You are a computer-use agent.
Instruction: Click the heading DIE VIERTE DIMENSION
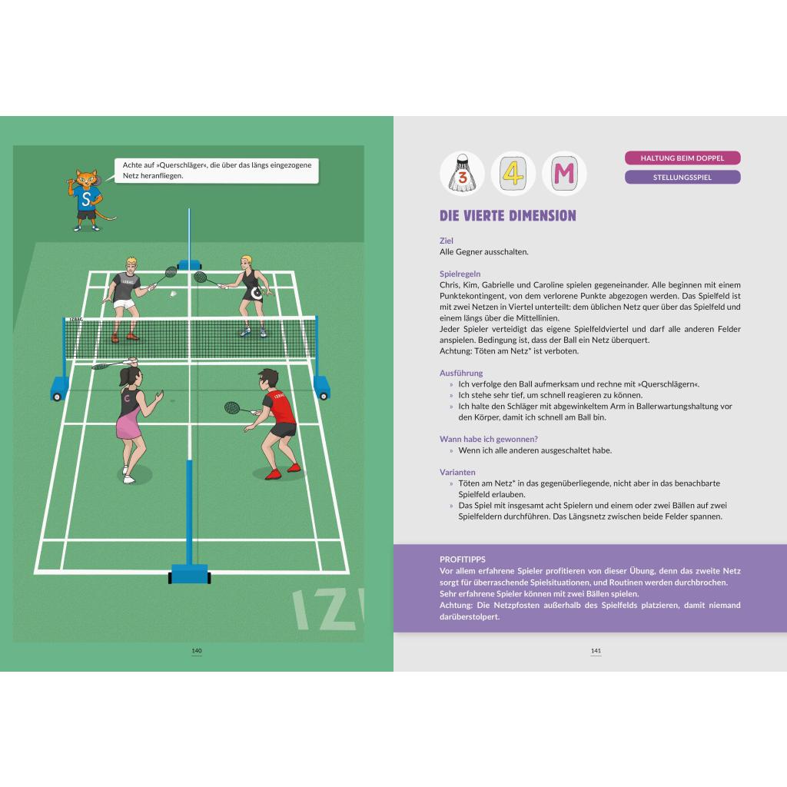tap(507, 216)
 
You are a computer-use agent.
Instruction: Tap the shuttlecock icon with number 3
tap(462, 173)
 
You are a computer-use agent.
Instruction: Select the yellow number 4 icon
tap(513, 173)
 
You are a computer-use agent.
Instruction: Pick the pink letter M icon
tap(564, 173)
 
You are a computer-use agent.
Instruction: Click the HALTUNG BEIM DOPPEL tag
tap(682, 158)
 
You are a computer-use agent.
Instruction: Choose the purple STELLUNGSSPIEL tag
tap(682, 178)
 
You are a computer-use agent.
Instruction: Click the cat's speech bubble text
tap(217, 170)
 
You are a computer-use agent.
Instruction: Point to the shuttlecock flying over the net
tap(173, 294)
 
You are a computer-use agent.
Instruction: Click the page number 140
tap(197, 651)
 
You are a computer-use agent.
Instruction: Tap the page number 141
tap(596, 651)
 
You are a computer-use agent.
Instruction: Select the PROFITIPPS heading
tap(462, 560)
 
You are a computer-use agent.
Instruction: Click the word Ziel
tap(447, 241)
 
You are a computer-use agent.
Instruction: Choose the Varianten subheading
tap(457, 472)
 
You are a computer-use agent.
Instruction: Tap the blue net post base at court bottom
tap(189, 573)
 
